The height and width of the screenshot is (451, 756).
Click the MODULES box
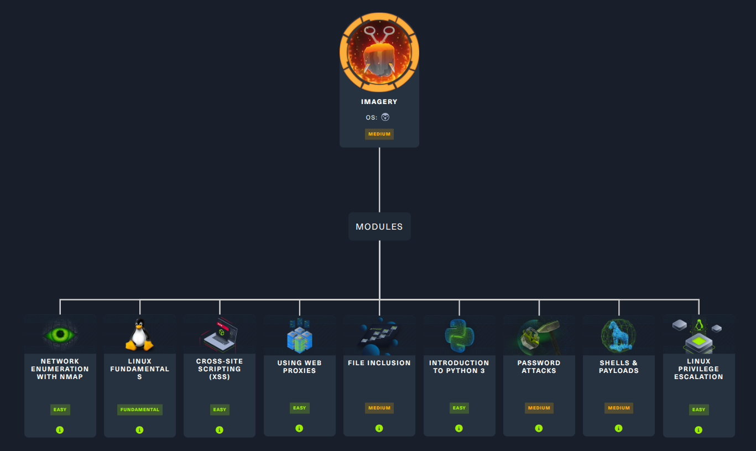(379, 226)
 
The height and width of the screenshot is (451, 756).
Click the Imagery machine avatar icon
(379, 53)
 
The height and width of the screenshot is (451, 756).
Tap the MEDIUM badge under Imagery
(379, 134)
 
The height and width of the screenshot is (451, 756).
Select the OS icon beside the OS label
(385, 117)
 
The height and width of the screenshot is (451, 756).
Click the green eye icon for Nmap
(60, 335)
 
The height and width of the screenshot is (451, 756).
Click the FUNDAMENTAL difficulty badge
(140, 409)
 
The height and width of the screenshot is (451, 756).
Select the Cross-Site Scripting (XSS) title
(220, 369)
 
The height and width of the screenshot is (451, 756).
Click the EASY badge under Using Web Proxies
(299, 408)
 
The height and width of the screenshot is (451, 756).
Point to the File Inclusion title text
(379, 363)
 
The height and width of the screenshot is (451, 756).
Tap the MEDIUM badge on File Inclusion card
(379, 408)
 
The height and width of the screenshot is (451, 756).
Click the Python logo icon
(460, 336)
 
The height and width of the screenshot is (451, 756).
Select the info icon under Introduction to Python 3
(459, 428)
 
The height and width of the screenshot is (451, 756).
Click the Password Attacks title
(539, 366)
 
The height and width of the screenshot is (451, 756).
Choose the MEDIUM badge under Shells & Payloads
(619, 408)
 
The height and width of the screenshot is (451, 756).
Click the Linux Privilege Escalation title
(698, 369)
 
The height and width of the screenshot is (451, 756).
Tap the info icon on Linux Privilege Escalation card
(698, 430)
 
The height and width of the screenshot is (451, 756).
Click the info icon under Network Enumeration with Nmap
(60, 430)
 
